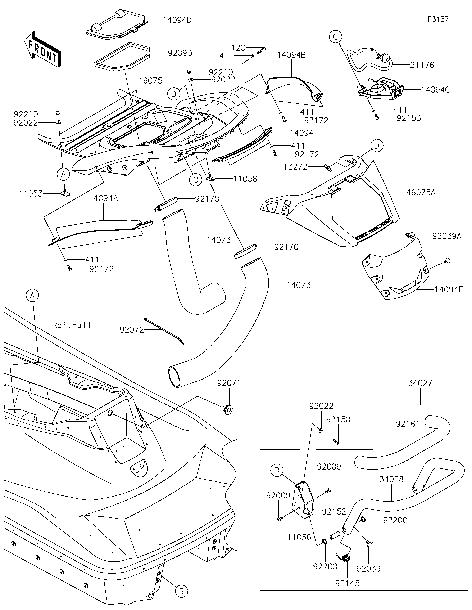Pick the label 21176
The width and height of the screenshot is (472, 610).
pos(422,65)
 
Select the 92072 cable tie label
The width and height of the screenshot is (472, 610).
pos(132,330)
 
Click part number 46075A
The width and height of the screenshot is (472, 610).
pos(421,192)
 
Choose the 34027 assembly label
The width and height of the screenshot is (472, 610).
pos(420,383)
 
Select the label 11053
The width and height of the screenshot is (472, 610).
pos(31,194)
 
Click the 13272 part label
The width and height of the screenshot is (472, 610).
pos(295,167)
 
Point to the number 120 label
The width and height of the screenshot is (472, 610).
pos(239,48)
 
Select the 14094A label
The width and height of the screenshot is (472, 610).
pos(104,199)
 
